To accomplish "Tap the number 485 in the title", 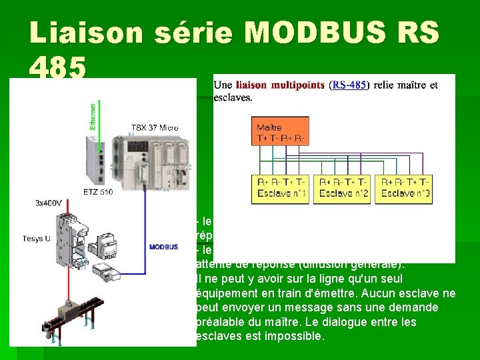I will (x=58, y=67).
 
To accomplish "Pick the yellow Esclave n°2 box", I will (x=343, y=189).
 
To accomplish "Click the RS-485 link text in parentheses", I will (x=349, y=85).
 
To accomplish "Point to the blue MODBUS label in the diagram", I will (x=163, y=247).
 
